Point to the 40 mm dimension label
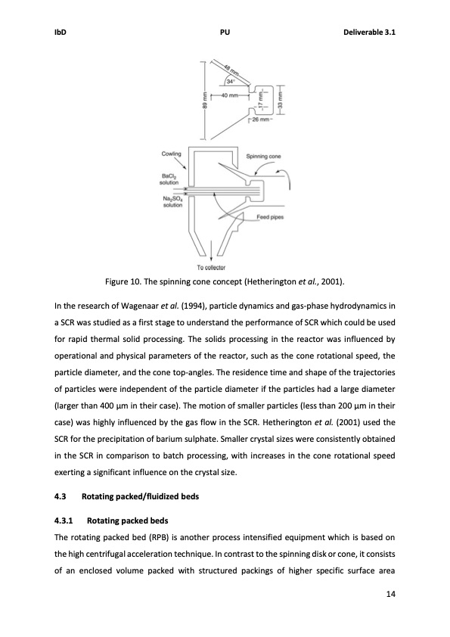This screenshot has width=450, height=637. (229, 95)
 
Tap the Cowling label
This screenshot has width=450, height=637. (172, 154)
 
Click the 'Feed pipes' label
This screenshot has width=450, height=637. (272, 217)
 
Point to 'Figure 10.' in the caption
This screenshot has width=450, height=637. (125, 282)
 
